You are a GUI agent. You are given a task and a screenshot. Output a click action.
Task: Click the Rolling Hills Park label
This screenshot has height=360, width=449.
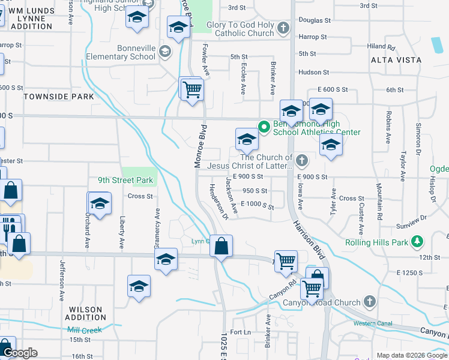(x=378, y=243)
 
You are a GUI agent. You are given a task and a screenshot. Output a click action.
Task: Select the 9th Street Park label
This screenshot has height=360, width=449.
(x=126, y=180)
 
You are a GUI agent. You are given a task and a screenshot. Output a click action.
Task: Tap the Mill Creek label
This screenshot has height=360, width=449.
(x=85, y=330)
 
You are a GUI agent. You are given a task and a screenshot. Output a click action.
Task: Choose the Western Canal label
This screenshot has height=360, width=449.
(x=372, y=324)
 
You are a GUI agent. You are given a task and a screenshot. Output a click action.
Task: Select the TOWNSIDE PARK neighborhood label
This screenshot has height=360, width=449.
(x=58, y=97)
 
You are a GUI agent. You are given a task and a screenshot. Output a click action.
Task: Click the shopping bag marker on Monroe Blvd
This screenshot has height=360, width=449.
(x=221, y=246)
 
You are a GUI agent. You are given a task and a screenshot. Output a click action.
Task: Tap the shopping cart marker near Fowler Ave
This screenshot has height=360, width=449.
(x=193, y=91)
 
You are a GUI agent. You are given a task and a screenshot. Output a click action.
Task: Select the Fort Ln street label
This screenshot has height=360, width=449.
(x=240, y=332)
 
